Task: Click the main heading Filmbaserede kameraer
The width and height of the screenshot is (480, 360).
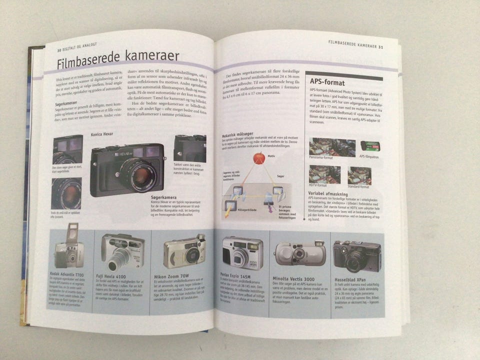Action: click(x=118, y=61)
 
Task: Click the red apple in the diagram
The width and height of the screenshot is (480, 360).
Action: click(x=259, y=158)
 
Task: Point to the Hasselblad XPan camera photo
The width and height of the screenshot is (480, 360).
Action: click(x=357, y=255)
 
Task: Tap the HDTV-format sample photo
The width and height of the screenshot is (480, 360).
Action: click(x=324, y=174)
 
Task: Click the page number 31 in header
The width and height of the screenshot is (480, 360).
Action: click(x=380, y=46)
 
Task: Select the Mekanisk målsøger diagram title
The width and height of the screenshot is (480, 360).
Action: click(x=239, y=134)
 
